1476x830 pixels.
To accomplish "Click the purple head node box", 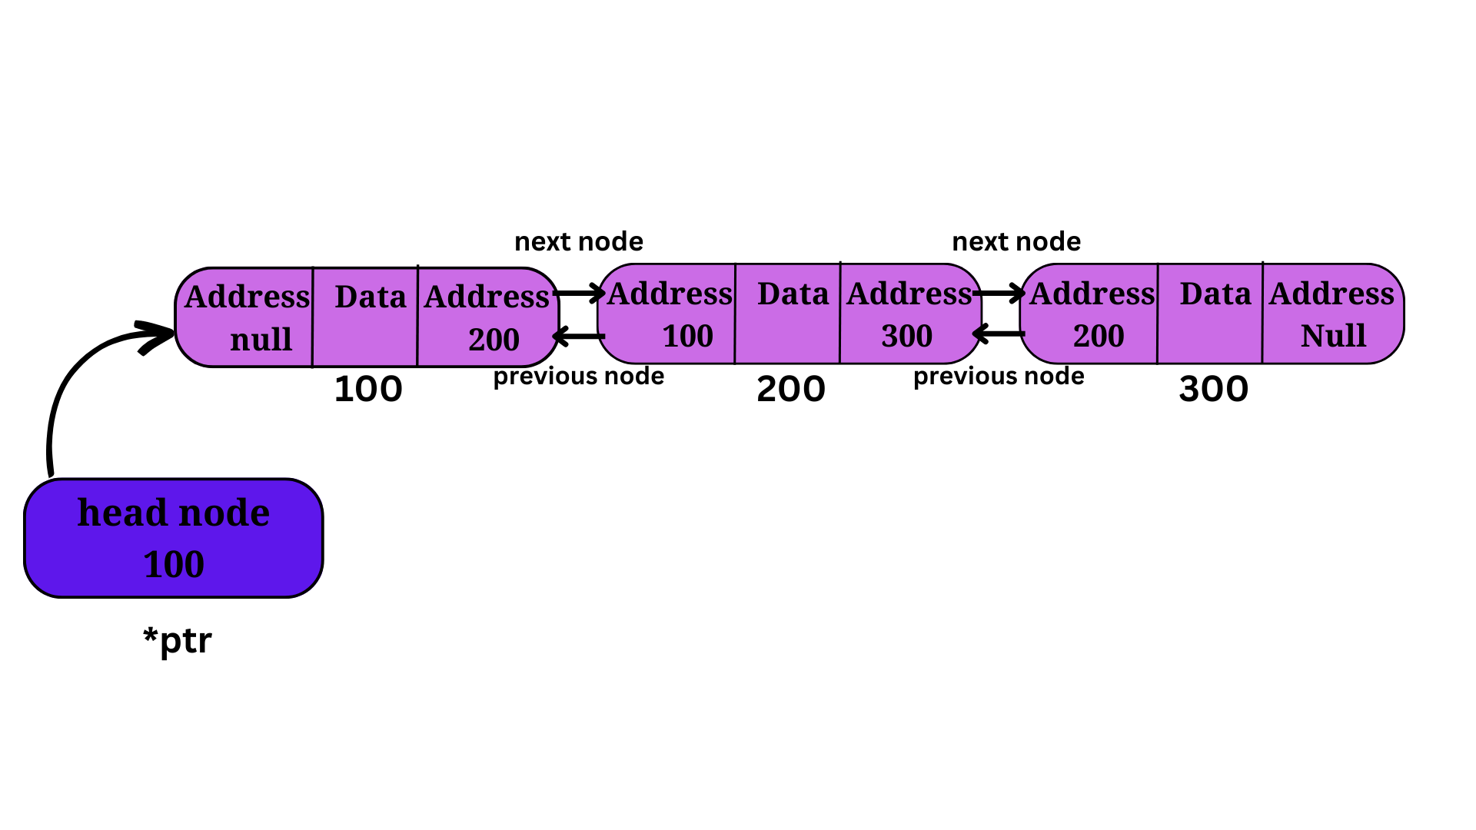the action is pos(174,538).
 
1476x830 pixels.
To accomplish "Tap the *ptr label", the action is pos(178,640).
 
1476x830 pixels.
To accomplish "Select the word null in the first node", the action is pos(261,339).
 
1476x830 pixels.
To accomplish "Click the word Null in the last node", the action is pos(1333,336).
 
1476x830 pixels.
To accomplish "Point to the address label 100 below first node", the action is pos(368,389).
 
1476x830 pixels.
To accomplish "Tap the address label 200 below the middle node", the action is pos(791,389).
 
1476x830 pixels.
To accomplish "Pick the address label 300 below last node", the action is pos(1214,389).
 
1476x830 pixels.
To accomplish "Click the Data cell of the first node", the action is pos(365,317).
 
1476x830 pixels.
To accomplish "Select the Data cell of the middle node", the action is pos(787,314).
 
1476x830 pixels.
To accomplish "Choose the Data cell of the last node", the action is pos(1210,314).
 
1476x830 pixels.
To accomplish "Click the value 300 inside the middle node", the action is pos(907,336).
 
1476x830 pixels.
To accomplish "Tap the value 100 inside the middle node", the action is pos(688,336).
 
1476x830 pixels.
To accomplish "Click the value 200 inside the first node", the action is pos(494,340).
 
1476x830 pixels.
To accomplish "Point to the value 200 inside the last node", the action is pos(1099,336).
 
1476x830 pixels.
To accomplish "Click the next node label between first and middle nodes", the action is pos(579,241).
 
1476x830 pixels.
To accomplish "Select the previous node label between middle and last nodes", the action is pos(999,377).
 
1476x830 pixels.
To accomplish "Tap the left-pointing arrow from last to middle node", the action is pos(999,334).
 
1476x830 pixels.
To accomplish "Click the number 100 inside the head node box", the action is pos(174,564).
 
